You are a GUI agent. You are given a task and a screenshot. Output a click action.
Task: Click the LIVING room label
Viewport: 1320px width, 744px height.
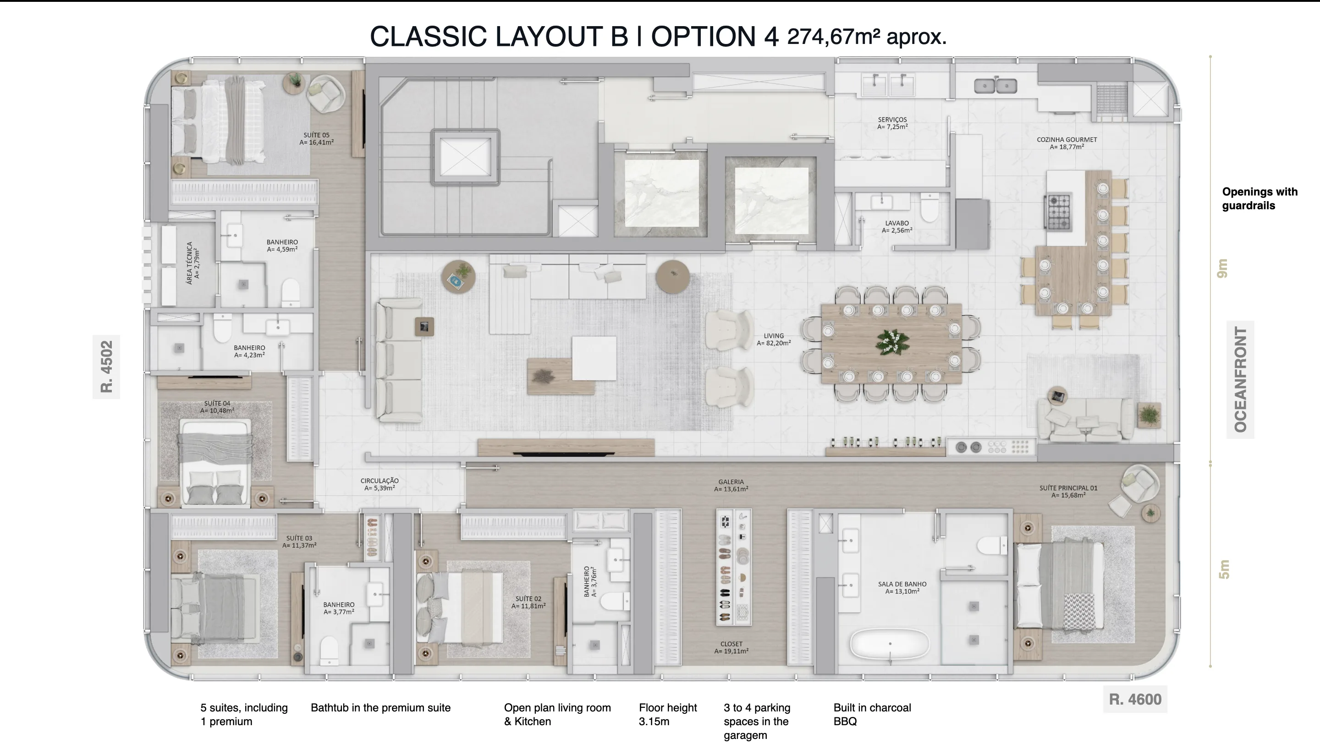click(774, 339)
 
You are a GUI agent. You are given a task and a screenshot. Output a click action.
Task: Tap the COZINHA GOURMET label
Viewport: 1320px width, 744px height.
click(1067, 143)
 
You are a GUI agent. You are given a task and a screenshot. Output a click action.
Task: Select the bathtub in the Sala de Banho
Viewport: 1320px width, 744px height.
click(890, 644)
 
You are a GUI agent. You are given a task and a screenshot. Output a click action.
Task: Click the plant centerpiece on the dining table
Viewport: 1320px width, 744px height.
click(893, 341)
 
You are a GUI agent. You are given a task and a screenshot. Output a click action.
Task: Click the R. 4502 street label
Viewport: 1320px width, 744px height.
click(106, 367)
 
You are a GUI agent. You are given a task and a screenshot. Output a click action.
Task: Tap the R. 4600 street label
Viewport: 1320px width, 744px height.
click(1135, 700)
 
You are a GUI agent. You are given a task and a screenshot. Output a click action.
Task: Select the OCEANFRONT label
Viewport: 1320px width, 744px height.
click(1240, 379)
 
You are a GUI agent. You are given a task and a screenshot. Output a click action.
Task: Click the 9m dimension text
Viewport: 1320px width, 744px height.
click(1223, 268)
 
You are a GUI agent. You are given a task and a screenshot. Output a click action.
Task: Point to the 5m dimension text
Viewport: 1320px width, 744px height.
click(1224, 569)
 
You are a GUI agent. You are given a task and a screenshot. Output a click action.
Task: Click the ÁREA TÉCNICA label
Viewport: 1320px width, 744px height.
click(193, 263)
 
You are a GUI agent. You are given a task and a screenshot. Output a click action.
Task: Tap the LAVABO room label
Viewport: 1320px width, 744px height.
click(897, 227)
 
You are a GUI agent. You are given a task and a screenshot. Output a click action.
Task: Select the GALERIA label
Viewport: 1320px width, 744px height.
click(731, 486)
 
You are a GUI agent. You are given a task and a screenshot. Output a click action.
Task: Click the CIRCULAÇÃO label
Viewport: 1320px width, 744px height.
click(379, 484)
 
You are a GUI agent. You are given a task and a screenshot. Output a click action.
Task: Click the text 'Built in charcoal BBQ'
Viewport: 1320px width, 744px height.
click(872, 714)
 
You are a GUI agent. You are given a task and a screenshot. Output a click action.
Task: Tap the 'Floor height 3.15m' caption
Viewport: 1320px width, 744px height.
click(668, 714)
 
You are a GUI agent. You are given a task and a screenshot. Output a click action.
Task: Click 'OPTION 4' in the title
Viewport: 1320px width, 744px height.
click(715, 36)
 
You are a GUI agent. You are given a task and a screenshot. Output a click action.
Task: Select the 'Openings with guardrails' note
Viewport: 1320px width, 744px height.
click(1260, 199)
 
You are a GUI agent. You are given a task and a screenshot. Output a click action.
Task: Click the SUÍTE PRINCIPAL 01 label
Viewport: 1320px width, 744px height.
click(1068, 492)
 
